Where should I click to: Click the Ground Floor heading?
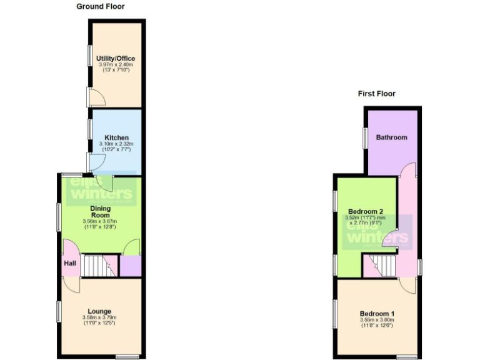point(100,7)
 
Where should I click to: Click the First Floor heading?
point(376,94)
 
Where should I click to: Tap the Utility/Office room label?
point(116,59)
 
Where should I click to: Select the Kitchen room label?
point(116,137)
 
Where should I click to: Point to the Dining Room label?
point(100,211)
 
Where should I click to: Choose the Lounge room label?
point(99,311)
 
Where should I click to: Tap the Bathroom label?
point(391,137)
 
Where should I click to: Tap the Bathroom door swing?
point(407,170)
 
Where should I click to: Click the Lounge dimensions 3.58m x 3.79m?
point(99,318)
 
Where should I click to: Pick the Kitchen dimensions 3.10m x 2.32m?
point(116,144)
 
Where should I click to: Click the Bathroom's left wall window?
point(364,137)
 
